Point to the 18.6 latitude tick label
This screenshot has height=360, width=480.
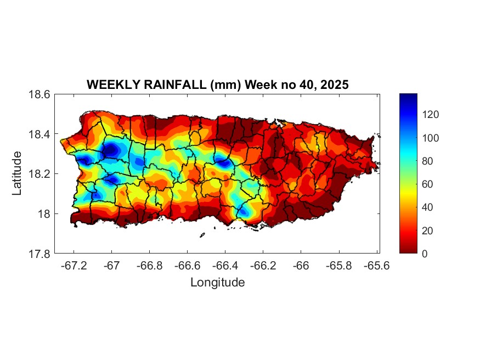click(x=39, y=94)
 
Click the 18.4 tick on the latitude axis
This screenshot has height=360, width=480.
click(x=39, y=134)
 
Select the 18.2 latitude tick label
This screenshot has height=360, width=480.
click(x=39, y=174)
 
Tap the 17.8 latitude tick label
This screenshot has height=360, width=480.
click(x=39, y=254)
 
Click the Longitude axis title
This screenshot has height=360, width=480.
click(x=217, y=283)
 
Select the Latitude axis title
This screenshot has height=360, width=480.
click(x=18, y=173)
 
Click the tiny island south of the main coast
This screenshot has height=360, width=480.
click(x=202, y=235)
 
